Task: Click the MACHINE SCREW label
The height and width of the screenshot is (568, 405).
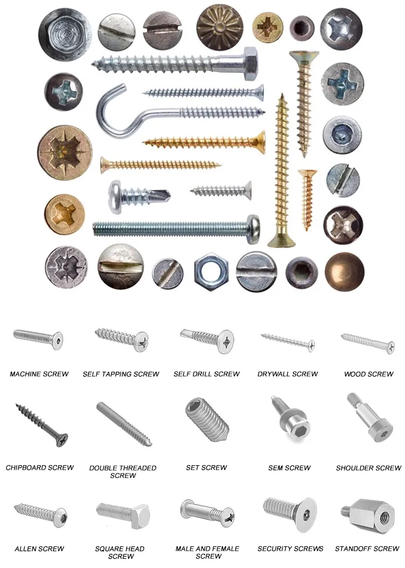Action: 39,374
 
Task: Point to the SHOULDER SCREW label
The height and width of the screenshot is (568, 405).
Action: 368,468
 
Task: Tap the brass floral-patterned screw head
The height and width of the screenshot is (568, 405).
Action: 219,25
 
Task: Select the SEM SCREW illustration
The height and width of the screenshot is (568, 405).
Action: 289,422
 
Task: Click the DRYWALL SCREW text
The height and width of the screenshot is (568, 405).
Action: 288,374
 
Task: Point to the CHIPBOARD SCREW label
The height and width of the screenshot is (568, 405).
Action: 39,467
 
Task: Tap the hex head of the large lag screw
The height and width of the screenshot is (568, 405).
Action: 249,64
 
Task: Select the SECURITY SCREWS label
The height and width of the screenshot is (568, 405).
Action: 291,549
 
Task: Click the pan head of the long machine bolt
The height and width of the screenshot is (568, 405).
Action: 252,225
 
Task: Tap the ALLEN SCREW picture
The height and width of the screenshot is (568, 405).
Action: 40,514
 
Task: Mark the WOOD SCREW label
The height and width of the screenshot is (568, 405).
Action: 369,374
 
